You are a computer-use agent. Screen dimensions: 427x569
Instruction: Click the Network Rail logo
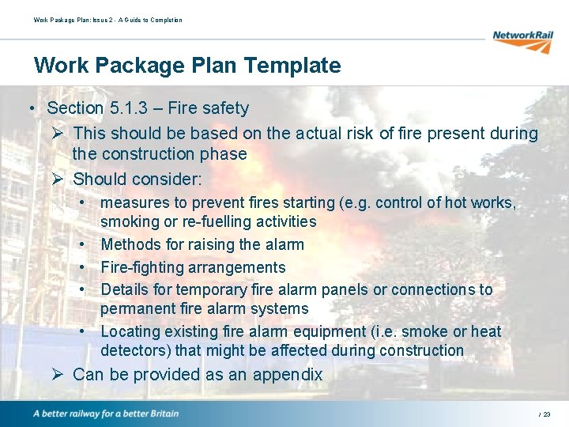pos(522,40)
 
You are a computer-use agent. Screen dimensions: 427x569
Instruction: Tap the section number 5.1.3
pos(129,108)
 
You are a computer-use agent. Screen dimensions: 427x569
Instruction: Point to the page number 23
pos(547,414)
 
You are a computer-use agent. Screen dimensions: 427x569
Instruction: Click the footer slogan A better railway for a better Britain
pos(106,414)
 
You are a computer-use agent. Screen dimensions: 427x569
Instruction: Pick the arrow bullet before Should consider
pos(57,179)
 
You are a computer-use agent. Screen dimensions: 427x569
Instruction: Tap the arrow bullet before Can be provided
pos(57,375)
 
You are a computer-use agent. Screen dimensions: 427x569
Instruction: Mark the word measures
pos(133,203)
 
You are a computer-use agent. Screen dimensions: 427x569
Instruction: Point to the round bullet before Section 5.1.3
pos(28,108)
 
